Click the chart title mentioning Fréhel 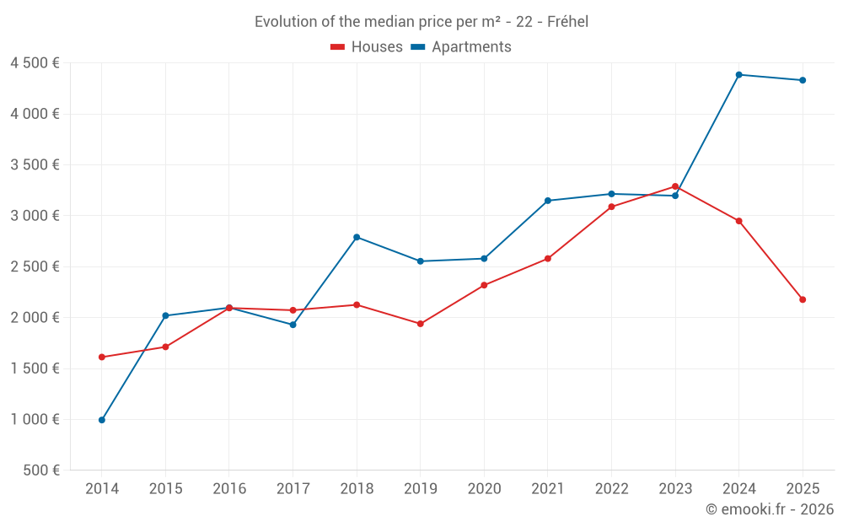[x=421, y=22]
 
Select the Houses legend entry [x=367, y=47]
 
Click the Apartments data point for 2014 [x=102, y=420]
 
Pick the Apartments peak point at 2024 [x=739, y=75]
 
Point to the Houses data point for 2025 [x=803, y=299]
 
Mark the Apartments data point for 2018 [x=357, y=237]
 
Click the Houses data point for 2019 [x=421, y=324]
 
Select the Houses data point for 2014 [x=102, y=357]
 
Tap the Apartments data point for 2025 [x=803, y=80]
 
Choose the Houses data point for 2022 [x=611, y=207]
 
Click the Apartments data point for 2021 [x=548, y=201]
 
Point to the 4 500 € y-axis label [x=35, y=63]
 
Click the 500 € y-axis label [x=41, y=471]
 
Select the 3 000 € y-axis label [x=35, y=216]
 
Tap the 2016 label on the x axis [x=229, y=489]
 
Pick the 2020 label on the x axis [x=484, y=489]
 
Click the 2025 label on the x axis [x=803, y=489]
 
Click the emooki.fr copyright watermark [x=770, y=509]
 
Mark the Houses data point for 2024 [x=739, y=221]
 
